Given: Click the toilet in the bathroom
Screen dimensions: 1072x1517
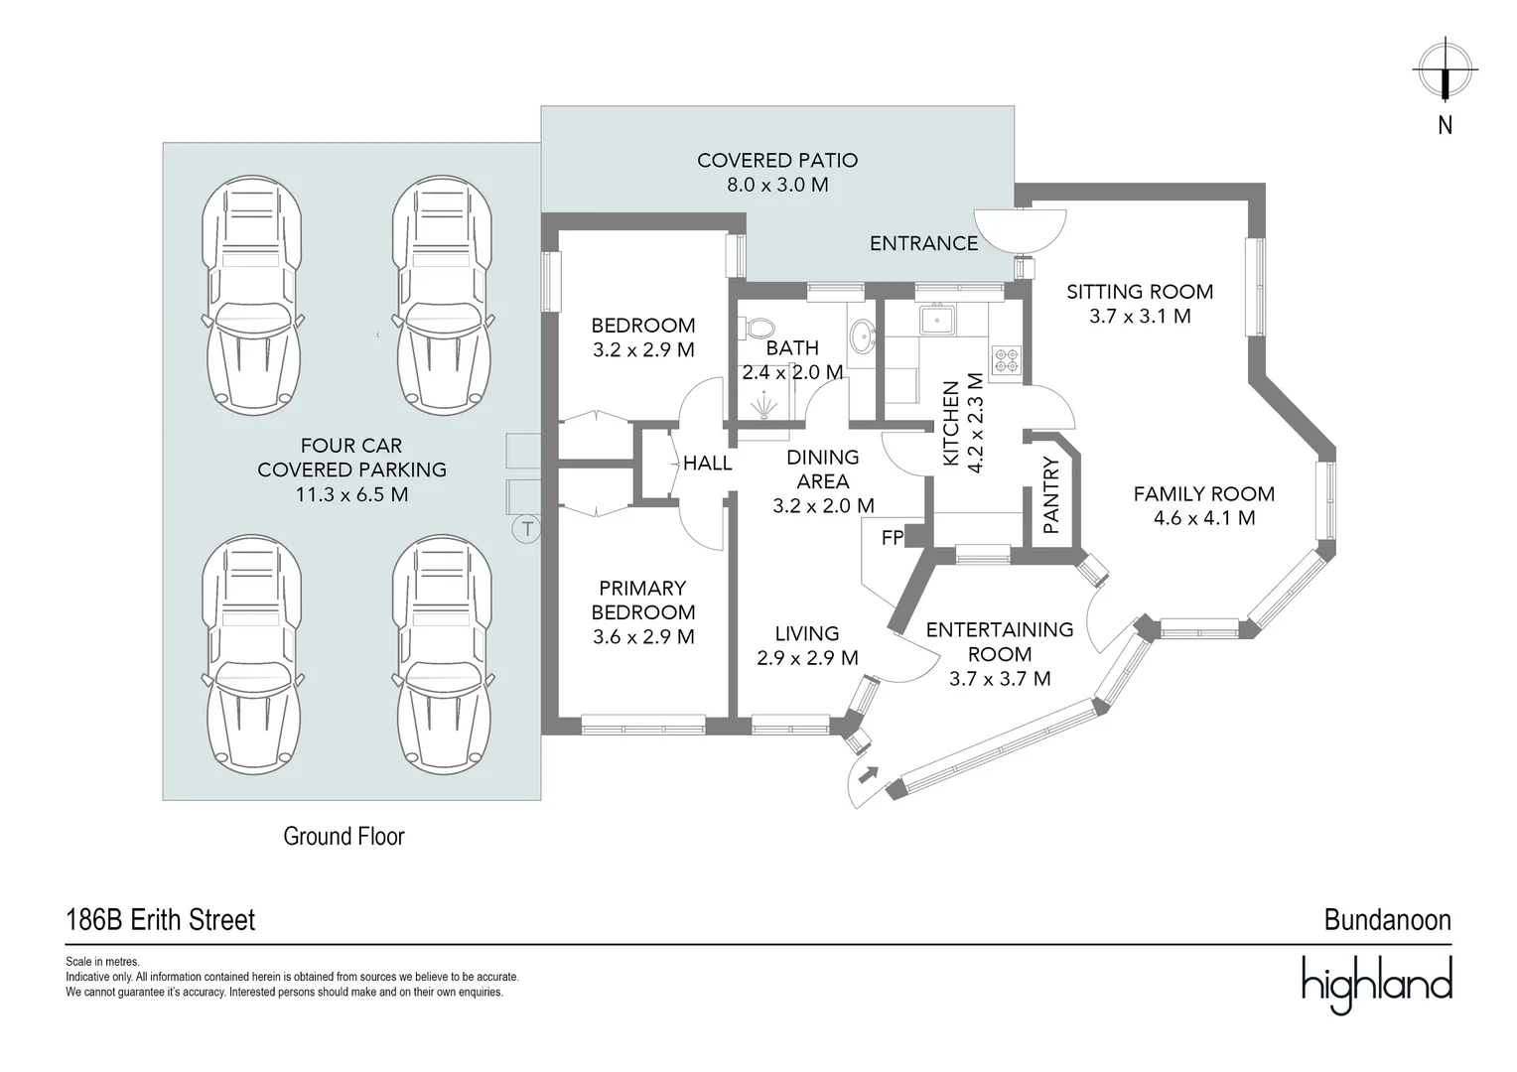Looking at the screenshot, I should tap(761, 327).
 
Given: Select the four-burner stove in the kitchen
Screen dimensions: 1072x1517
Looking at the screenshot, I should tap(1007, 359).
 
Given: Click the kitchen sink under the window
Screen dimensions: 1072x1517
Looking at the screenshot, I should tap(937, 320).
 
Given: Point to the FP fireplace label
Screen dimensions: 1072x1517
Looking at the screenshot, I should tap(893, 538).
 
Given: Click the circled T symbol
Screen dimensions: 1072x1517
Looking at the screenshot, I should tap(526, 529).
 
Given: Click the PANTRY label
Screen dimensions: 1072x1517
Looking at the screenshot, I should tap(1052, 495).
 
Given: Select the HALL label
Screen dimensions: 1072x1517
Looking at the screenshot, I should tap(708, 463).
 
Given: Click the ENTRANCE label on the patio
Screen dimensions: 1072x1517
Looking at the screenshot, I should tap(923, 243).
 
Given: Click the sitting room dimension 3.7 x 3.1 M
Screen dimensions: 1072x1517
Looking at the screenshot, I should tap(1140, 317).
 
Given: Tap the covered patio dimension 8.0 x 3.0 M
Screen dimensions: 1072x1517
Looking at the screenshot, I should tap(777, 185).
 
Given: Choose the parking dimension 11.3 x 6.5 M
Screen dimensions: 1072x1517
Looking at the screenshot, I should tap(351, 494).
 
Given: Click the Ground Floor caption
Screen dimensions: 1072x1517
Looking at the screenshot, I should tap(345, 837).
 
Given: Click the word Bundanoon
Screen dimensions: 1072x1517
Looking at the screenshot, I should tap(1387, 920).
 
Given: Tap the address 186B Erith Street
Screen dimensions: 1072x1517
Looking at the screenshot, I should tap(161, 920).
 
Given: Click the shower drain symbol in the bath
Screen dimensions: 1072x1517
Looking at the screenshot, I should tap(763, 406).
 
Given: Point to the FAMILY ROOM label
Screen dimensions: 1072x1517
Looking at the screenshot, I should tap(1203, 493).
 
